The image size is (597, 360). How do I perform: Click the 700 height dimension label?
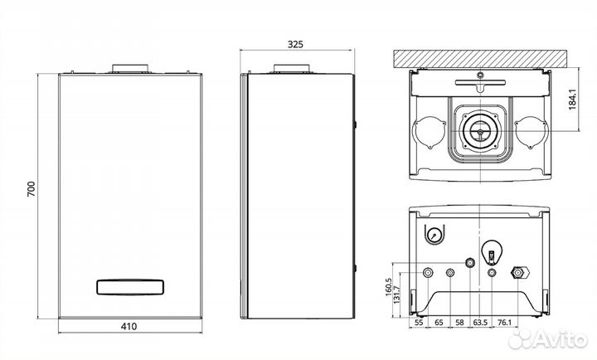(x=32, y=189)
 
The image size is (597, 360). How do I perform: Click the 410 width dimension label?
(x=129, y=327)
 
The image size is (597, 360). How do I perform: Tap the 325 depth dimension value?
(x=295, y=45)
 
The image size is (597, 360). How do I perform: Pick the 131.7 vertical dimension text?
(x=397, y=294)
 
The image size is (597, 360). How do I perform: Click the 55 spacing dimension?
(x=419, y=323)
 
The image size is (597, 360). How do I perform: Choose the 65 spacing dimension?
(x=439, y=323)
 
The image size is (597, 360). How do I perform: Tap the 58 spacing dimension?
(x=459, y=323)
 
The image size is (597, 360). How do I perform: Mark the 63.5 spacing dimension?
(x=480, y=323)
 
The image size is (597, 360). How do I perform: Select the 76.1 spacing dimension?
(x=504, y=323)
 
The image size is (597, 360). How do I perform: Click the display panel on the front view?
(x=130, y=287)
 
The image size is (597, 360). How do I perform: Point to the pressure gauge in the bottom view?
(x=434, y=234)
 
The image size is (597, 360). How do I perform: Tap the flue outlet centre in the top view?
(x=480, y=132)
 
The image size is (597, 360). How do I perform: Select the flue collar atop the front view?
(x=130, y=69)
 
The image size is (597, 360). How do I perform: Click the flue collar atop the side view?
(x=292, y=69)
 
